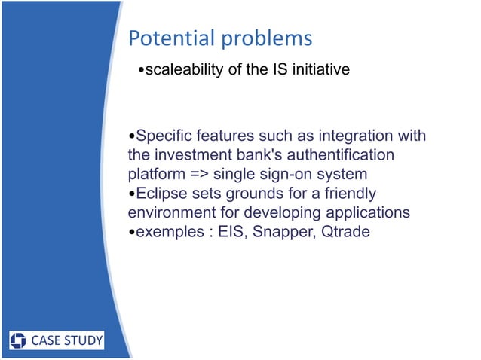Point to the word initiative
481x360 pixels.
320,71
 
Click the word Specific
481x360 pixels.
164,136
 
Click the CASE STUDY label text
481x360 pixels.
66,341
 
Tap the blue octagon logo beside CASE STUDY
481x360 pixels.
20,341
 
